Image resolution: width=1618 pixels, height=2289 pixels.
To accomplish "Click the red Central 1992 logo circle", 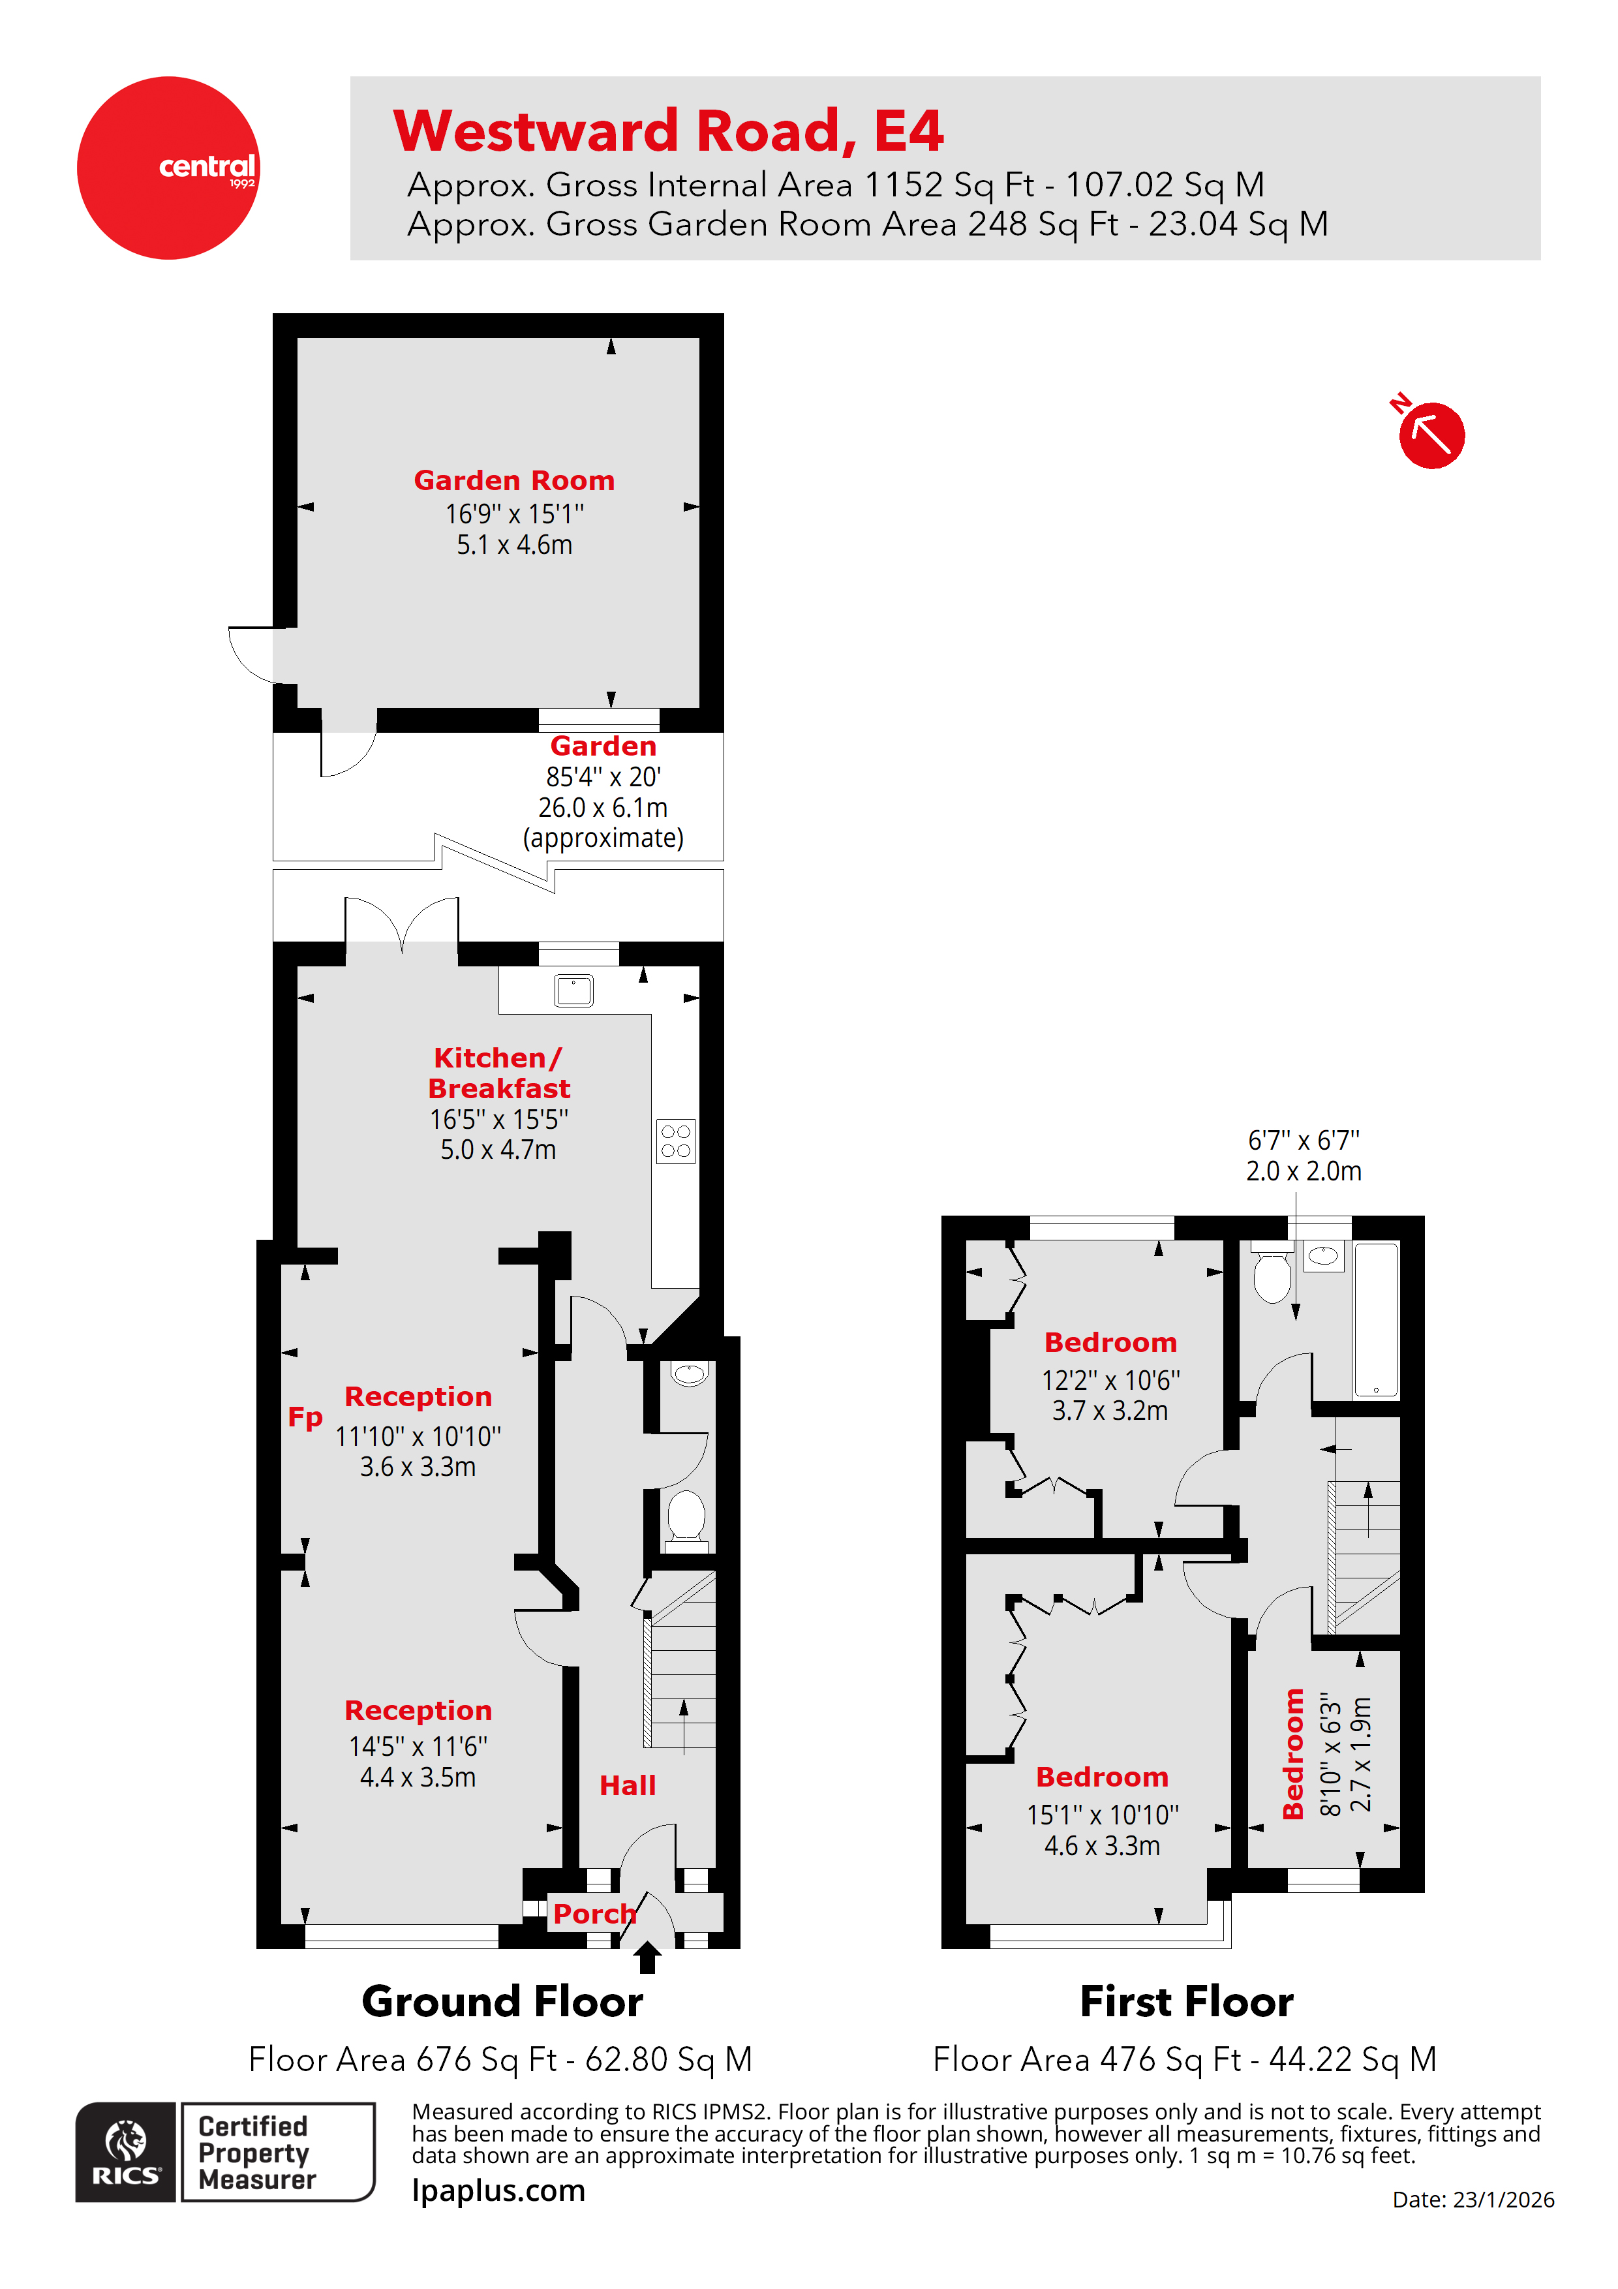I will click(168, 168).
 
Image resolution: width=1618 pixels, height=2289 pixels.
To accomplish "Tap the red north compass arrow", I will click(1431, 435).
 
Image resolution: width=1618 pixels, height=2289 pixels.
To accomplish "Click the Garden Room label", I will click(513, 480).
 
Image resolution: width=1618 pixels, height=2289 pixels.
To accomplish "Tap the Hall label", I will click(627, 1785).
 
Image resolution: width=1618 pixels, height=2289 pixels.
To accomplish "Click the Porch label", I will click(594, 1914).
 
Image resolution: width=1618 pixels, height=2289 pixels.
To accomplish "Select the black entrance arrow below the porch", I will click(647, 1956).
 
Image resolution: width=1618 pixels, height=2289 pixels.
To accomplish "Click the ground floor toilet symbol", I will click(686, 1516).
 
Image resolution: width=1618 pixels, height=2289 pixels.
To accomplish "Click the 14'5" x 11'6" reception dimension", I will click(418, 1747).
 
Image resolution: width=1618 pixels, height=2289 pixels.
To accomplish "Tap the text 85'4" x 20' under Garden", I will click(603, 776).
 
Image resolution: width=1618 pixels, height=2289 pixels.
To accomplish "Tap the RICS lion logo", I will click(126, 2151).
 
